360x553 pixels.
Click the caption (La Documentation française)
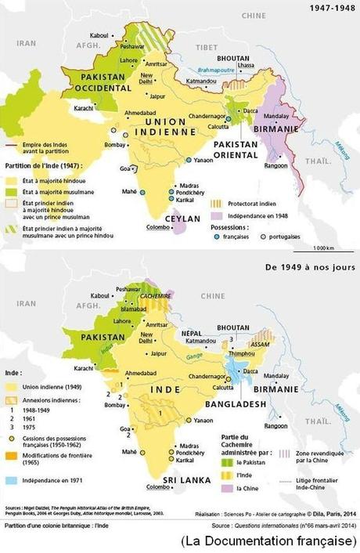[x=266, y=542]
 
